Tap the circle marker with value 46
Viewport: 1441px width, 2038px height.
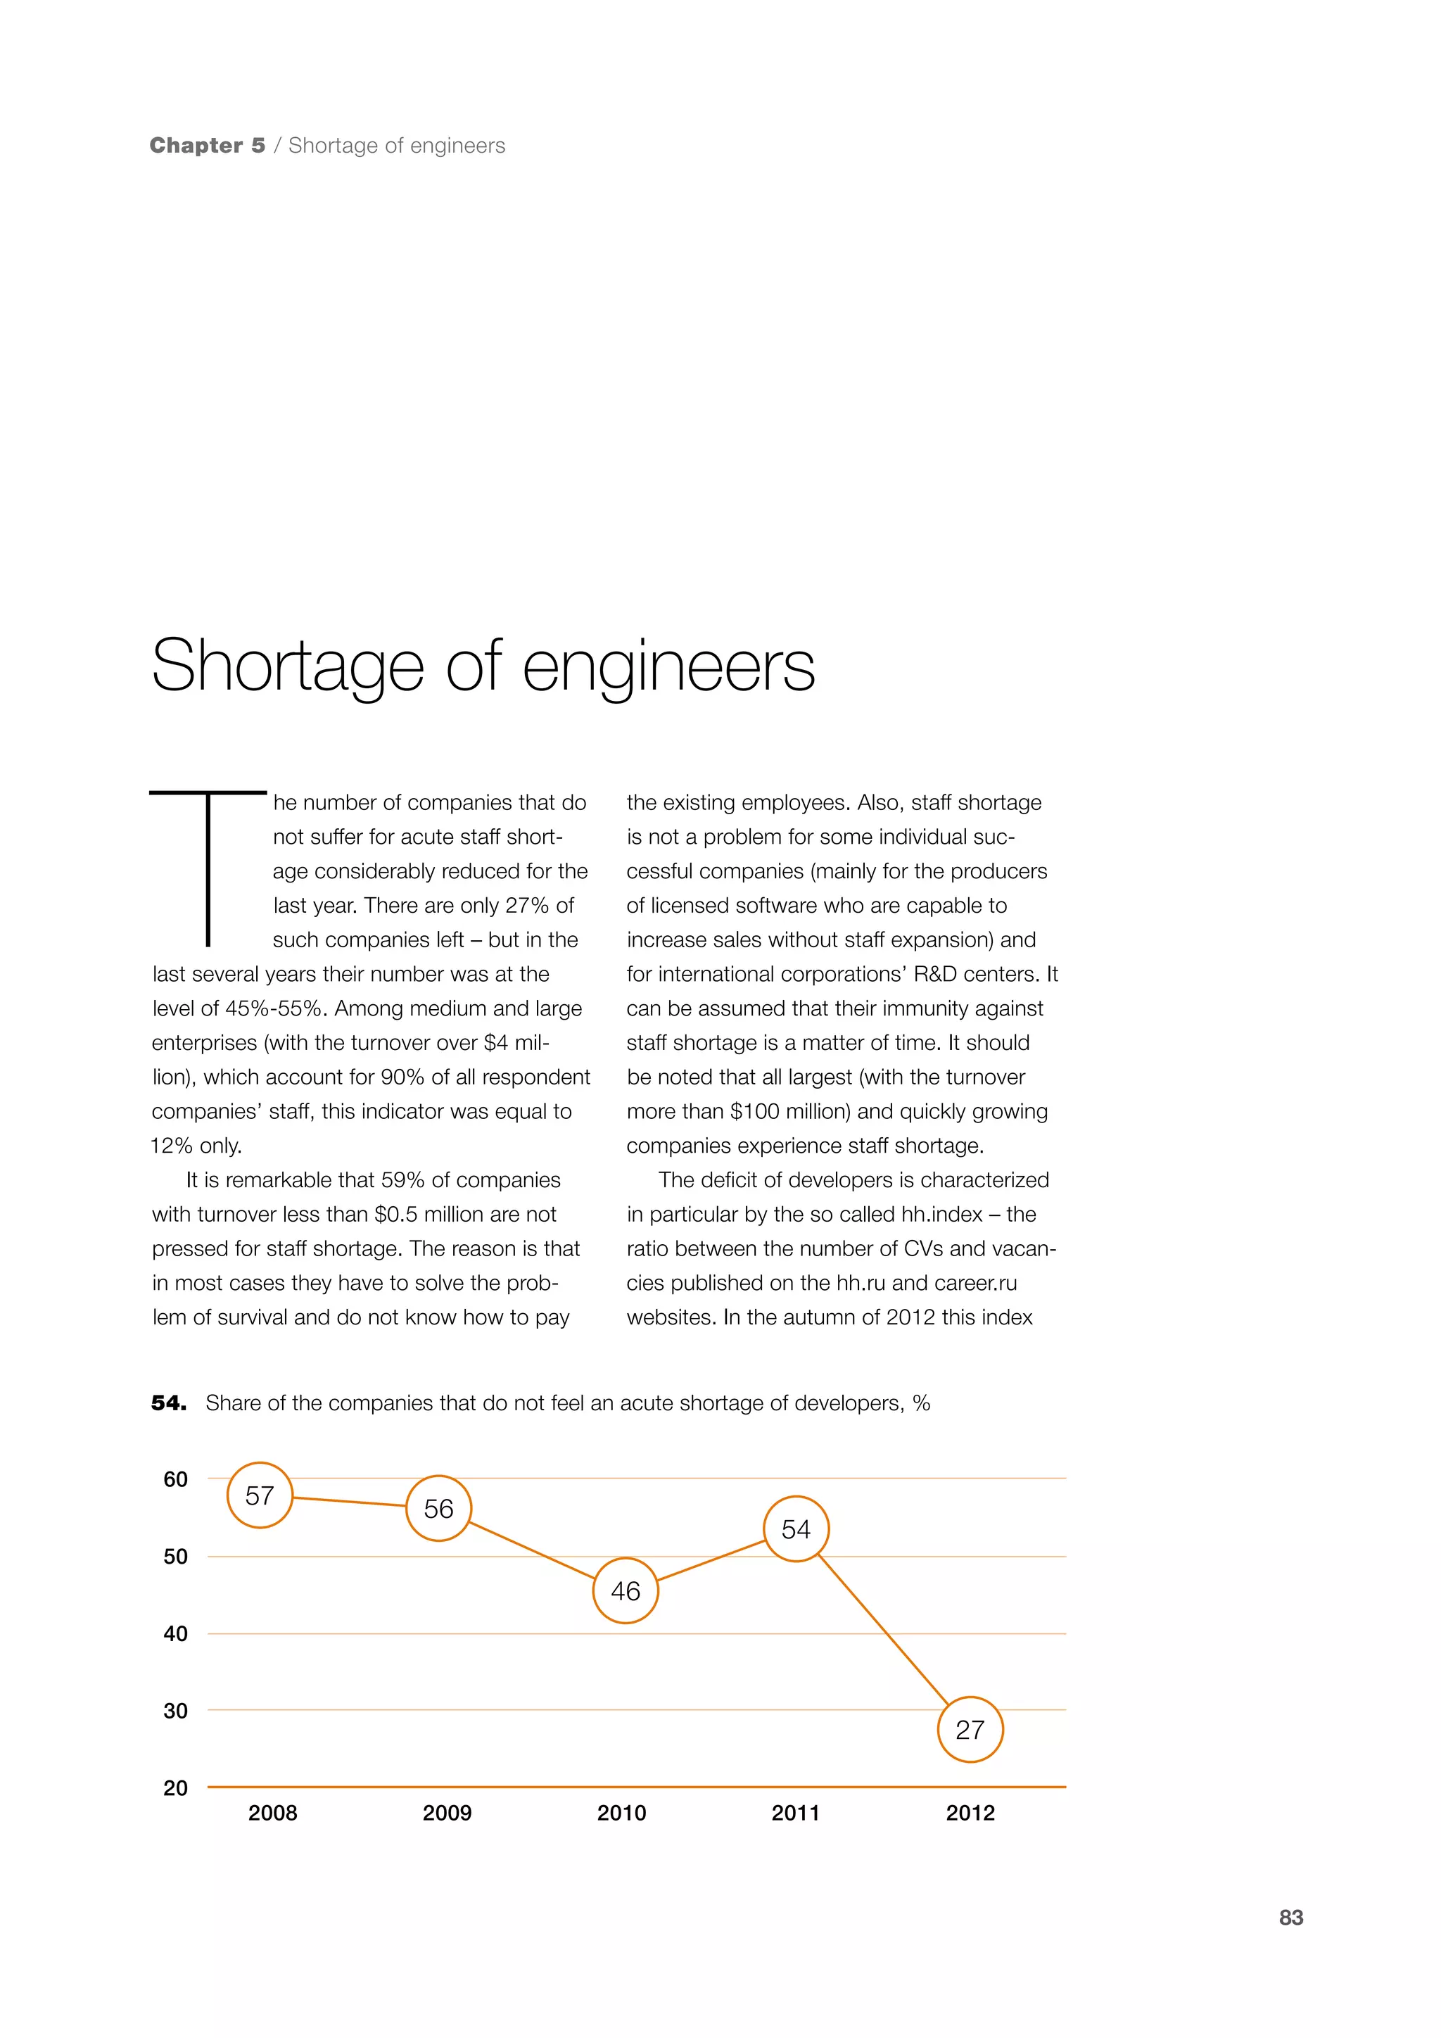(626, 1592)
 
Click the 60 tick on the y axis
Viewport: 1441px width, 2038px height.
(176, 1480)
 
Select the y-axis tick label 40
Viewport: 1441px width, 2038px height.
(176, 1634)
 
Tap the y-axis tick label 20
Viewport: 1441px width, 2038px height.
(176, 1789)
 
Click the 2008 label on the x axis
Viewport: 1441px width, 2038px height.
(272, 1814)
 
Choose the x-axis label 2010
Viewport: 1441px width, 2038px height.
(621, 1814)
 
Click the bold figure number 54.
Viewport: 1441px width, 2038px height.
(167, 1403)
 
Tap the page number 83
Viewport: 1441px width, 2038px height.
(1291, 1918)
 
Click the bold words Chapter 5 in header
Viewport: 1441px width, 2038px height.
(208, 146)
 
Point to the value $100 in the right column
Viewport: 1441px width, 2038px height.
(754, 1111)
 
